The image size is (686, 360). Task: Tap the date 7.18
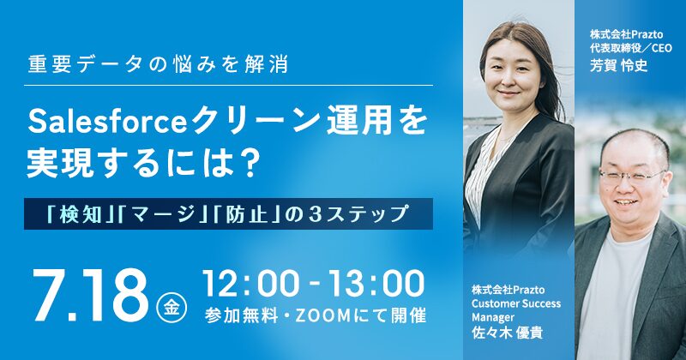(91, 295)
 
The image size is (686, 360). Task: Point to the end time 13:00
(376, 284)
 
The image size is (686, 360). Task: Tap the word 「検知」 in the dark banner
(80, 214)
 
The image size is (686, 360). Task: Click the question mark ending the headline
(248, 164)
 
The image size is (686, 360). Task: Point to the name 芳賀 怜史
(618, 65)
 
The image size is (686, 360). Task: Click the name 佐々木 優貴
(507, 333)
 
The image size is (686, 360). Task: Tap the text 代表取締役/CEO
(630, 48)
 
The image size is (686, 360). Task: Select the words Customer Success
(516, 303)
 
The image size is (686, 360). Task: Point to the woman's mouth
(508, 93)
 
